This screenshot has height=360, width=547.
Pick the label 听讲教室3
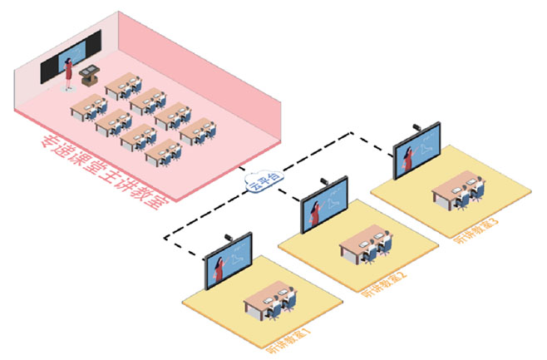[477, 230]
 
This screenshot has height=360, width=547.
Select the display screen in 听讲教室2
[324, 209]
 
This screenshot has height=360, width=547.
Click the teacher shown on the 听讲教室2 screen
[313, 213]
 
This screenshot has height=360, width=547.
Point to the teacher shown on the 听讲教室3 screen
[407, 157]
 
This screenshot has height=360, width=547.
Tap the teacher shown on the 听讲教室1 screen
[217, 269]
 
